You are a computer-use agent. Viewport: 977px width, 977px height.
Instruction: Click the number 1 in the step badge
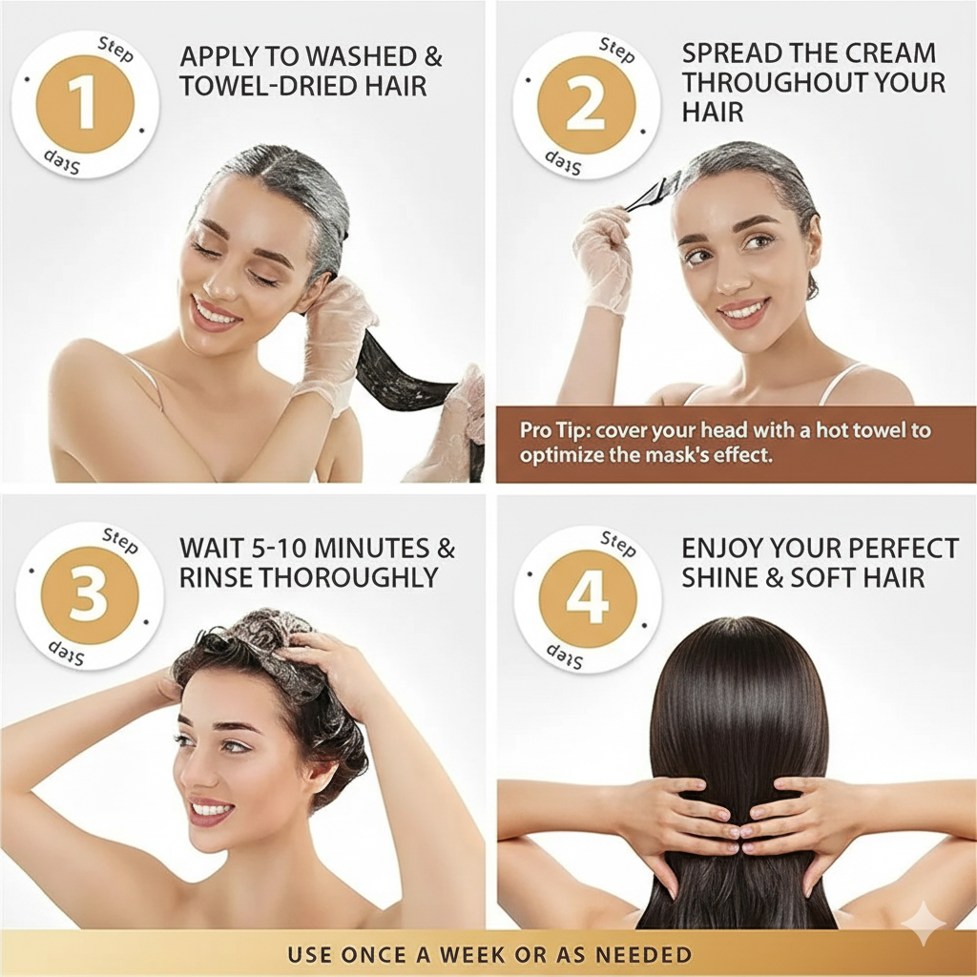click(85, 105)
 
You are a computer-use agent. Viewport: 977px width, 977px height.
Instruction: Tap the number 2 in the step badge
click(586, 105)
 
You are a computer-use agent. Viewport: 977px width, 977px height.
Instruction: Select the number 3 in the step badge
click(89, 596)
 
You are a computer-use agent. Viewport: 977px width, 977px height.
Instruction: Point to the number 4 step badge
click(587, 598)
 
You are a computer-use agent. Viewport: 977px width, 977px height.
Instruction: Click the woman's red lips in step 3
click(209, 811)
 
